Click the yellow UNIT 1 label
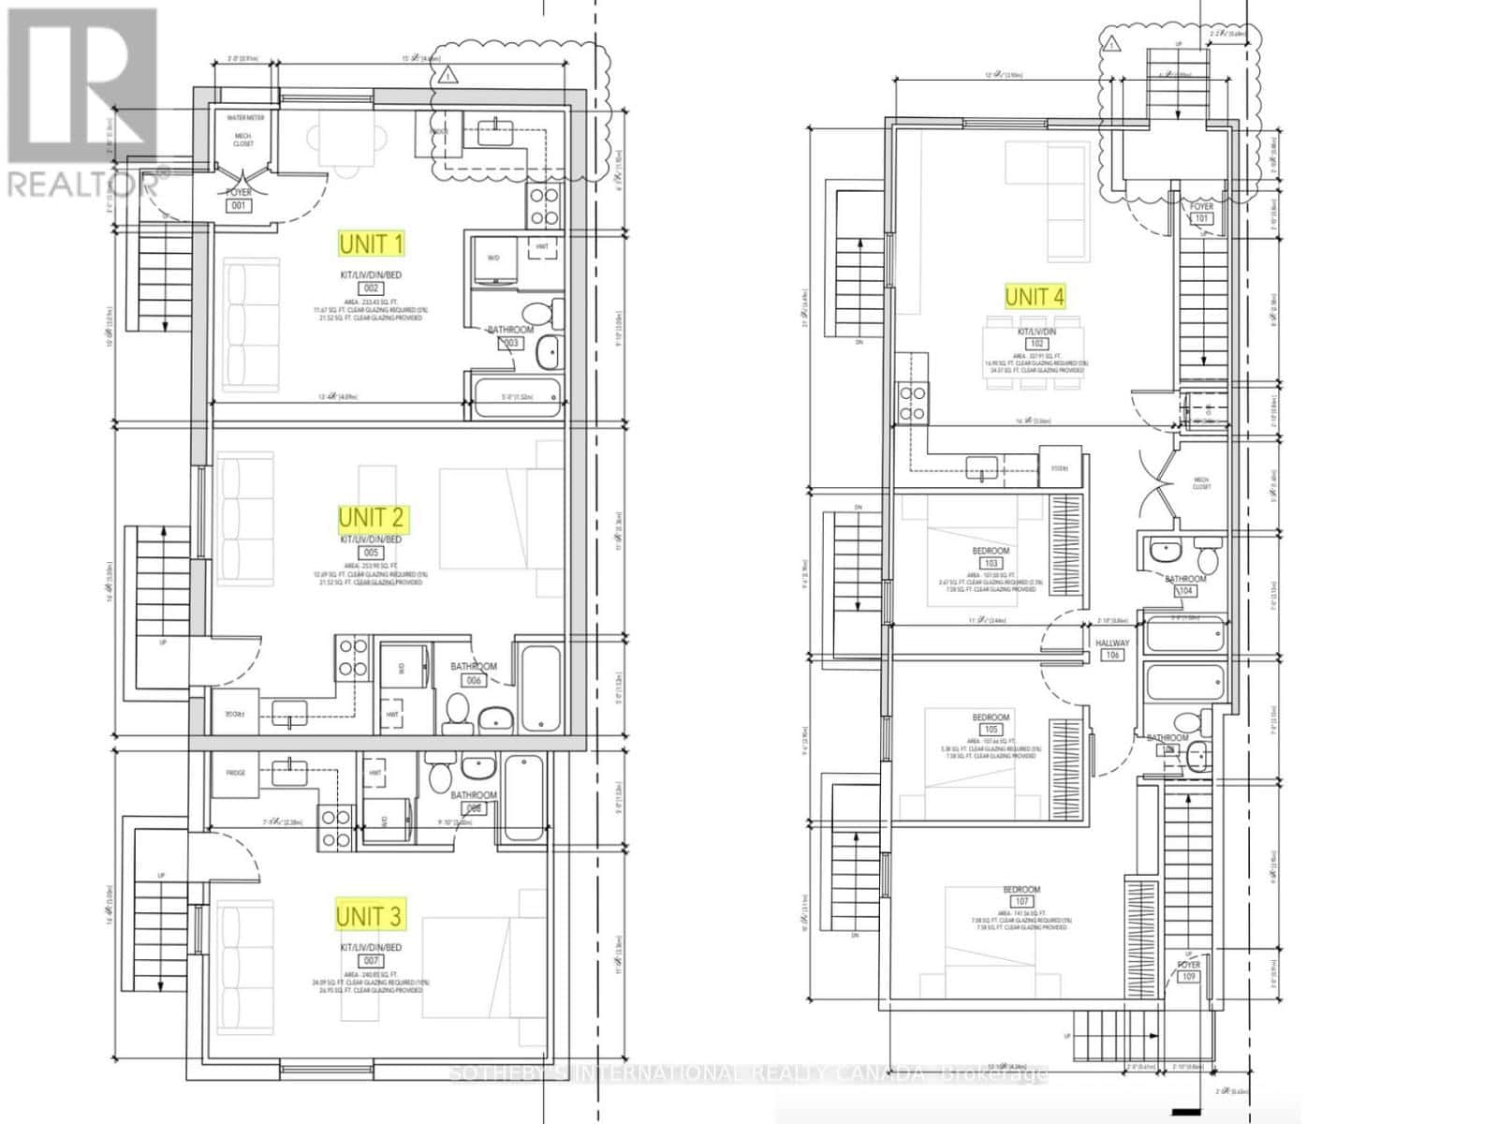point(372,244)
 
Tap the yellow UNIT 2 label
point(372,517)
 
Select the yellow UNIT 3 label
point(371,915)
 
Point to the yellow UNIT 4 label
point(1034,297)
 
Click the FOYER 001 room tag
point(240,199)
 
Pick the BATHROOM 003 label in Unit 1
point(510,336)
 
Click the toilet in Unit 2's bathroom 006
point(459,709)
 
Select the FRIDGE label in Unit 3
point(236,773)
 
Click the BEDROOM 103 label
point(991,557)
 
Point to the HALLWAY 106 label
point(1112,649)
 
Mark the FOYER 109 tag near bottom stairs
point(1188,970)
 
